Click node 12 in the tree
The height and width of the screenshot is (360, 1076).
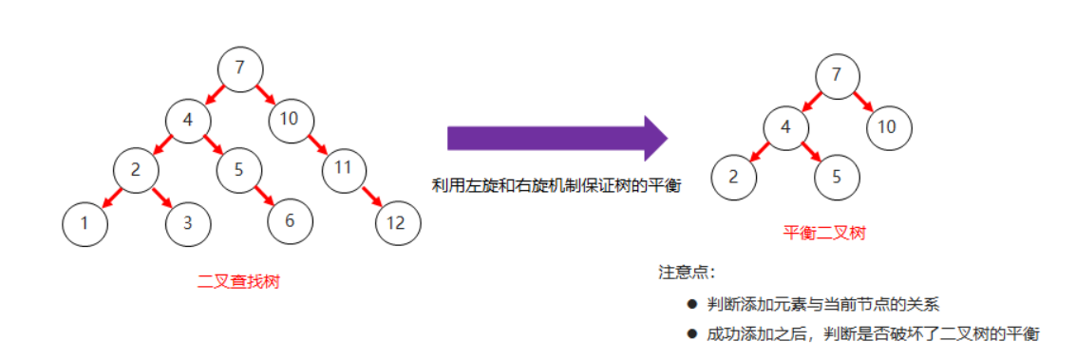tap(398, 224)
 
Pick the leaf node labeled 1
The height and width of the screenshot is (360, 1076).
tap(85, 224)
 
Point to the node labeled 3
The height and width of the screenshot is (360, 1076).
tap(188, 224)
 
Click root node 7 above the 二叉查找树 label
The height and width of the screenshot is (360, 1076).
tap(240, 67)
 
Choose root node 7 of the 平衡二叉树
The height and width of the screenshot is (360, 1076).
tap(836, 75)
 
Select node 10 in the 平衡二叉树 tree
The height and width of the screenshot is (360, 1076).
tap(888, 126)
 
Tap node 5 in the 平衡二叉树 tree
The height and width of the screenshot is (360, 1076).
tap(836, 178)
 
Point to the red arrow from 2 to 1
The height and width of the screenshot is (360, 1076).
tap(111, 198)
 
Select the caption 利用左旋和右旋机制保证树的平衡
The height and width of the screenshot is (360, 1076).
tap(557, 185)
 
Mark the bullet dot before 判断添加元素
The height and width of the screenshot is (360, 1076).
tap(691, 304)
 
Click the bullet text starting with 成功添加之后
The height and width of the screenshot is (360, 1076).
tap(873, 333)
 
